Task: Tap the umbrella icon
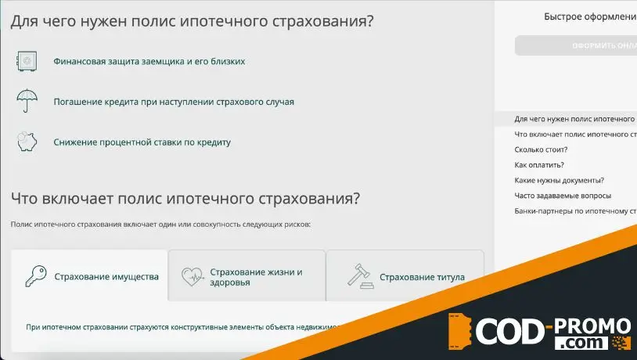27,101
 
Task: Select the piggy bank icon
27,142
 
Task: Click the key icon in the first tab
35,276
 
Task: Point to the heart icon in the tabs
192,276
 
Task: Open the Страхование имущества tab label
106,277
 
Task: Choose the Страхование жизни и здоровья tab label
256,277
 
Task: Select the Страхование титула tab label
422,277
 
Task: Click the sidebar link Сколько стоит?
541,149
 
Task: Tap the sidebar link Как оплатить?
539,165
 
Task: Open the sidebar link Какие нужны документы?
559,181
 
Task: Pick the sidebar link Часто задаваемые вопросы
563,196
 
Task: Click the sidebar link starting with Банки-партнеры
574,211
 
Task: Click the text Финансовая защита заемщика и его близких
149,61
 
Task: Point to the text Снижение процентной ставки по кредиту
142,142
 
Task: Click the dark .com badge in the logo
581,344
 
